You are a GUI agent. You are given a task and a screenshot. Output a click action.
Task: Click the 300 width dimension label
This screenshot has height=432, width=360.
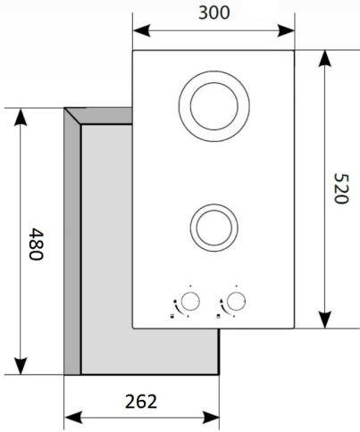[x=213, y=13]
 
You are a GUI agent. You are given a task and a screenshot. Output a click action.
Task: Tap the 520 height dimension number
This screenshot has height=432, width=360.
[x=340, y=188]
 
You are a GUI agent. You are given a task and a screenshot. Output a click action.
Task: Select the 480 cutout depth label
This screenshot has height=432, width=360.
[x=37, y=244]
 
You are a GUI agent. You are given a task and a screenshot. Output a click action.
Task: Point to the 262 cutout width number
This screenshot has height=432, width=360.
[x=141, y=402]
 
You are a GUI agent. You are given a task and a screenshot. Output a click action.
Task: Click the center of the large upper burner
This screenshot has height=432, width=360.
[x=214, y=106]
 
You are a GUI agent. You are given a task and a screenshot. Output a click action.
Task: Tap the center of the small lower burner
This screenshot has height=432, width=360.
[x=214, y=228]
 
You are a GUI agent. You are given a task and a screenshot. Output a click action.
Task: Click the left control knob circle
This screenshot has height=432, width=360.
[x=189, y=301]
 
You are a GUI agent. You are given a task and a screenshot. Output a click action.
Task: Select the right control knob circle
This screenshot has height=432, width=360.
[x=236, y=301]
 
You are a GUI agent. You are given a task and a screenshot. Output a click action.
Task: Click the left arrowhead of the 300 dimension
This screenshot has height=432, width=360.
[x=141, y=30]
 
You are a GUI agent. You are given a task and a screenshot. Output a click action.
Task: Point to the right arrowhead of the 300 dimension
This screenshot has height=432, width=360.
[x=286, y=30]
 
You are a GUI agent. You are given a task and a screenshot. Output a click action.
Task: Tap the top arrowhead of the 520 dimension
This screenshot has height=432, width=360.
[x=324, y=59]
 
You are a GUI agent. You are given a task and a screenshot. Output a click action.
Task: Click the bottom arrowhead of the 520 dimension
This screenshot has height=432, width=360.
[x=324, y=320]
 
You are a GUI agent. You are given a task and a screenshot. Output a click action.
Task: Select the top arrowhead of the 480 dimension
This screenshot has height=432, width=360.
[x=21, y=117]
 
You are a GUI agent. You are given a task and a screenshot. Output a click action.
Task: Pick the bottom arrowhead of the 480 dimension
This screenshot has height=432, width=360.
[x=21, y=366]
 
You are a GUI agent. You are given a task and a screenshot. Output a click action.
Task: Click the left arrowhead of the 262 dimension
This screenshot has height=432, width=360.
[x=73, y=418]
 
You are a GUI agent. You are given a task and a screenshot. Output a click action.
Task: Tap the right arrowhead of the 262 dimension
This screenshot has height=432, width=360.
[x=211, y=418]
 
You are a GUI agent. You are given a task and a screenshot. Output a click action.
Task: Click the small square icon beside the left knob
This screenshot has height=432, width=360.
[x=172, y=316]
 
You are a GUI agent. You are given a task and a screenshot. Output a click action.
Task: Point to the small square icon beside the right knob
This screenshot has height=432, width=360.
[x=219, y=316]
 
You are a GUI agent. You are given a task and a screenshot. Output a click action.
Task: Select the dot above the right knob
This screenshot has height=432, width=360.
[x=237, y=286]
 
